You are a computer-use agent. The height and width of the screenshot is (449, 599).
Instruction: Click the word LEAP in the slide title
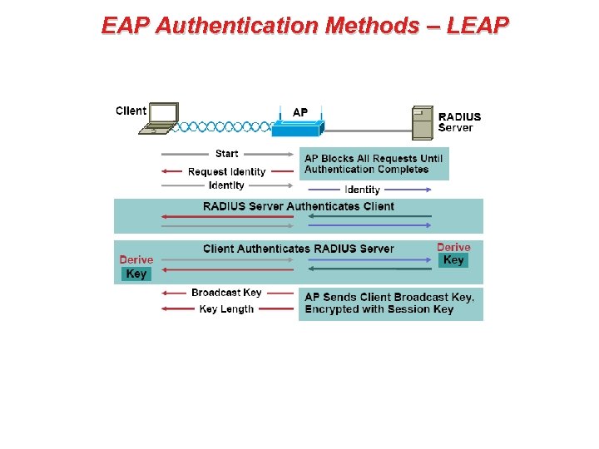point(477,26)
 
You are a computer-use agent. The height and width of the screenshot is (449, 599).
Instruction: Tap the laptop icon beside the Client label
point(159,118)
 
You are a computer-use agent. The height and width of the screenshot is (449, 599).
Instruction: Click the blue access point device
point(297,128)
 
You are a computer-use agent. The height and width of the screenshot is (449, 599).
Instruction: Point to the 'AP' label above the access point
point(300,112)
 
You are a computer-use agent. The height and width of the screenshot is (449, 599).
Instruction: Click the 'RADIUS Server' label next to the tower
point(459,122)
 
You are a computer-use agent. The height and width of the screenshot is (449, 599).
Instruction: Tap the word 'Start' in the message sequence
point(226,153)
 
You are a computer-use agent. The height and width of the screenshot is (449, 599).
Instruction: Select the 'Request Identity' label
point(226,171)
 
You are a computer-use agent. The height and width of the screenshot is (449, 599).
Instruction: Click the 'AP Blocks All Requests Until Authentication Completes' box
point(374,164)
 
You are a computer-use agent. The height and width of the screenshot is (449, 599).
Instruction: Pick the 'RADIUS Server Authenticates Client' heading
point(299,206)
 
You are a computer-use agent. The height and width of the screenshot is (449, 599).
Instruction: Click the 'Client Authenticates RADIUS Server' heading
point(299,249)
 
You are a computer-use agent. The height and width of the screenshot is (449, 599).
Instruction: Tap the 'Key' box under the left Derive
point(136,274)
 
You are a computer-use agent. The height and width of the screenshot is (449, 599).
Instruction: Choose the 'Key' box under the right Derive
point(453,260)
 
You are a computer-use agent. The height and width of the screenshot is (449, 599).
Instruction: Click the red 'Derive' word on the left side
point(136,259)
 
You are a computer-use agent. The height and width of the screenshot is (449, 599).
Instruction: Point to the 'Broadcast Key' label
point(226,293)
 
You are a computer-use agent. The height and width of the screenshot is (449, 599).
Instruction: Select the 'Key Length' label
point(226,308)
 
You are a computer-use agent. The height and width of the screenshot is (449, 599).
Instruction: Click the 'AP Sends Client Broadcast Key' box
point(390,303)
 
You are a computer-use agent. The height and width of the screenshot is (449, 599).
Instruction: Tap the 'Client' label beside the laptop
point(131,111)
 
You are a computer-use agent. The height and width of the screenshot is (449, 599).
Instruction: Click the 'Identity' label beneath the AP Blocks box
point(362,190)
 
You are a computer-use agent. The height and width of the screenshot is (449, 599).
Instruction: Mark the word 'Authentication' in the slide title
point(239,26)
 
